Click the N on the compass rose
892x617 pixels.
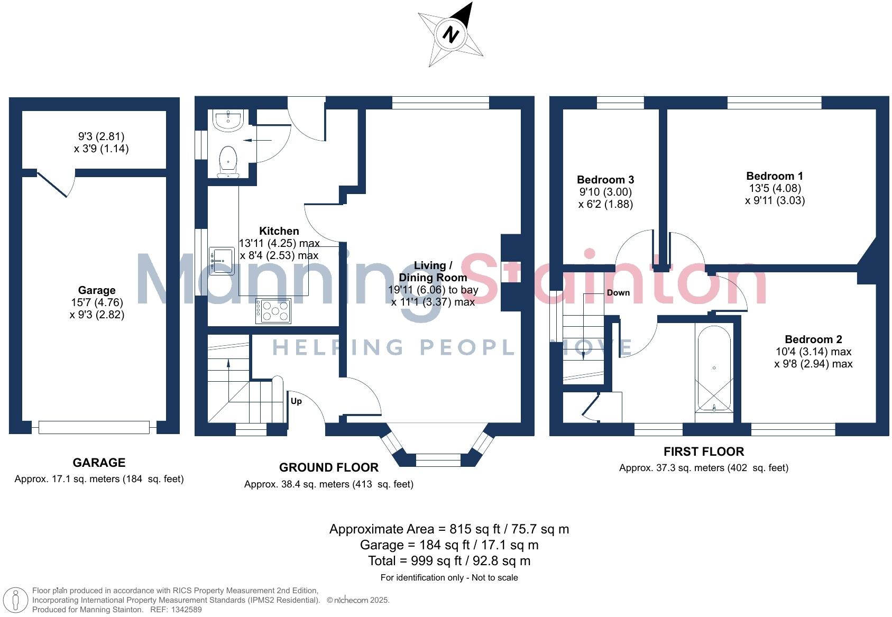click(450, 35)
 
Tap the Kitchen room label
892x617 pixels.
click(279, 231)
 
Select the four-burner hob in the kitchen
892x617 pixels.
click(273, 311)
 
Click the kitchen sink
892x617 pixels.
click(222, 261)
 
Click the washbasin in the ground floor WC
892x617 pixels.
click(228, 120)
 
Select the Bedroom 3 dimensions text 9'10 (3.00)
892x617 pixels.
click(605, 192)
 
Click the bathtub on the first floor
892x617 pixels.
click(714, 369)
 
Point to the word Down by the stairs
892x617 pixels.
click(618, 292)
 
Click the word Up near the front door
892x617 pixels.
click(296, 401)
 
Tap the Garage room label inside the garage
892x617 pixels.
click(97, 290)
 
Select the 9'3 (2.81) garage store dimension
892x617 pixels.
click(101, 136)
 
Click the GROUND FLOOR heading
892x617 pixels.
click(329, 467)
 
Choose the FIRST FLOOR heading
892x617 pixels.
click(704, 452)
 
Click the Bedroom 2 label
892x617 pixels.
click(813, 339)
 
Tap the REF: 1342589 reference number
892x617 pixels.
click(176, 610)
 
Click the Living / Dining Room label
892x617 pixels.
click(433, 271)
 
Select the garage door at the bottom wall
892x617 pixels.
click(94, 427)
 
